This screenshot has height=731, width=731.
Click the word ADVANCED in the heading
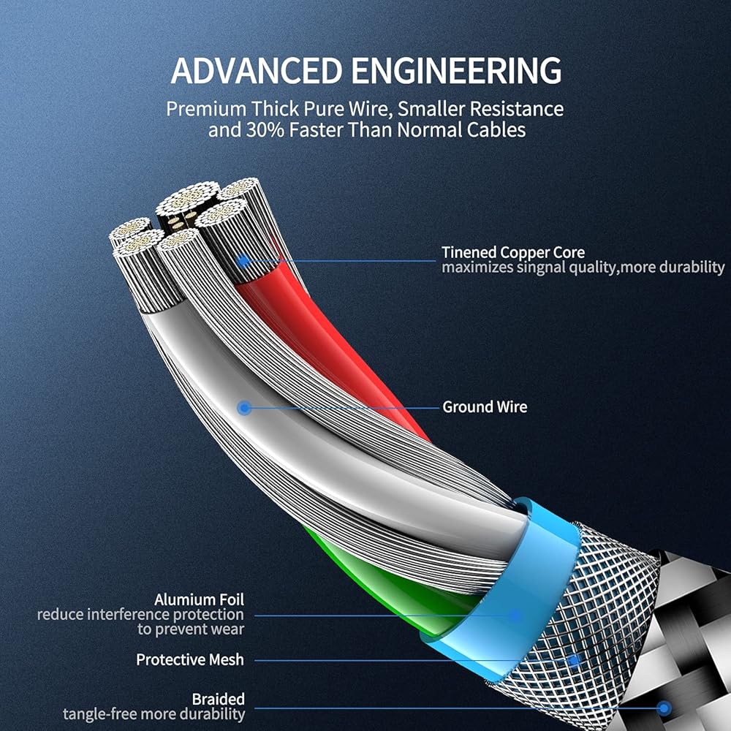[257, 70]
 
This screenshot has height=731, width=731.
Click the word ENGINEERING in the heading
[456, 70]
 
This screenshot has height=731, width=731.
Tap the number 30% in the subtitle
[265, 129]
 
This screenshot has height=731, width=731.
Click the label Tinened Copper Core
[513, 252]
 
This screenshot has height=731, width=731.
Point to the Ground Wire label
[485, 406]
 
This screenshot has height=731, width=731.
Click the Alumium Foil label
[199, 599]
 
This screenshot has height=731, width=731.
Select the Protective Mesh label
[190, 659]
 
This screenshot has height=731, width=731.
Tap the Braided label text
[218, 700]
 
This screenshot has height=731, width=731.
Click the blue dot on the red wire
[243, 261]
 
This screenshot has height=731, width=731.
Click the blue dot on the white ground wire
[244, 409]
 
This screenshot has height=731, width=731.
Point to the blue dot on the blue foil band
[515, 616]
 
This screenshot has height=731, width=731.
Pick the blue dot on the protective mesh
[575, 661]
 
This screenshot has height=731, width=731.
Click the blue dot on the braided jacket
[664, 708]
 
